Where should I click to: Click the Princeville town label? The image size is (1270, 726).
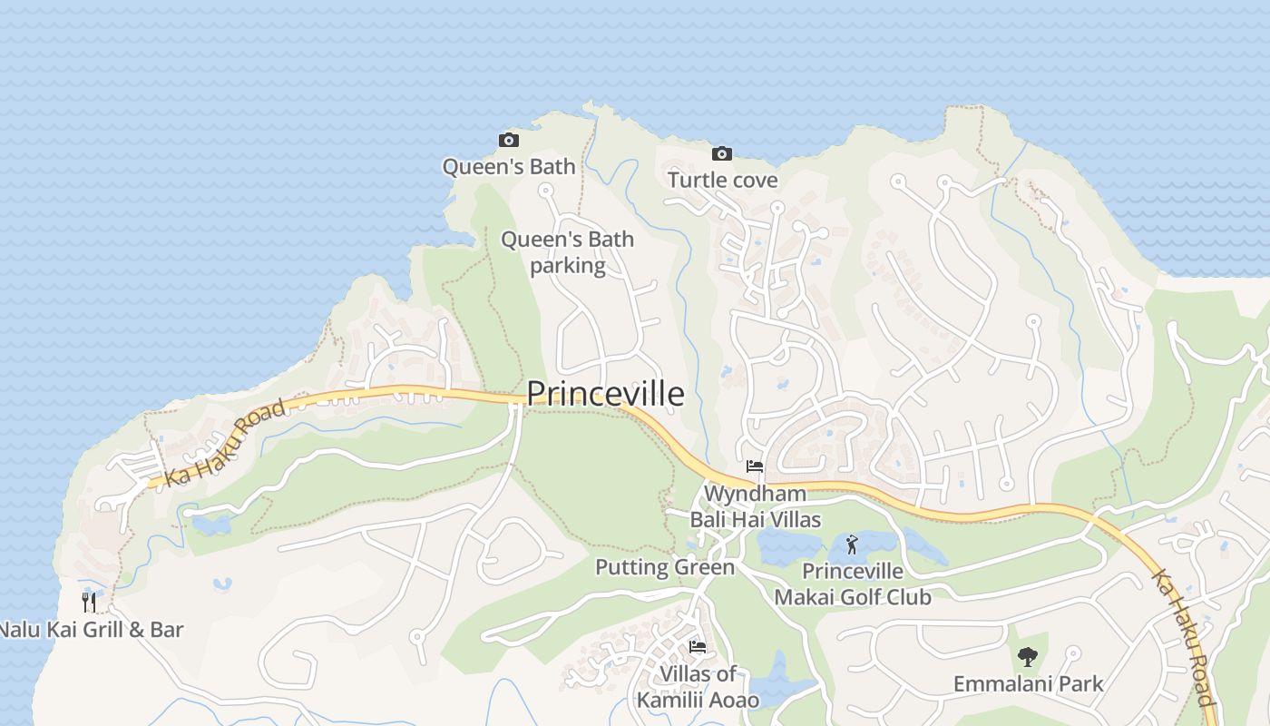tap(605, 393)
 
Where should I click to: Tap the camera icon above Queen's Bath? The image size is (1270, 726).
tap(509, 140)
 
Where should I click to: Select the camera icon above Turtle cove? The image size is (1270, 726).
tap(722, 153)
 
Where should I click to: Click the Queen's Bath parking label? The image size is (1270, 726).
tap(567, 252)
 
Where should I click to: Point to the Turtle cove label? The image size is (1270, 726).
tap(722, 180)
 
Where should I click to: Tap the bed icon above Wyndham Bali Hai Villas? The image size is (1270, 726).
tap(754, 466)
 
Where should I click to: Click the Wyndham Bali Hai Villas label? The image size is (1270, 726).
tap(755, 506)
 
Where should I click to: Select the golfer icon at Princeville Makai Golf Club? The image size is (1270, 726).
tap(851, 544)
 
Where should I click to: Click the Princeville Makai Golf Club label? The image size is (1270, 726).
tap(852, 584)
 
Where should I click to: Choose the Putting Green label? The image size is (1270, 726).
tap(664, 567)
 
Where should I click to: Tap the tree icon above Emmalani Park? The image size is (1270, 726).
tap(1027, 656)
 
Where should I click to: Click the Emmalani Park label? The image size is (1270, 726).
tap(1028, 683)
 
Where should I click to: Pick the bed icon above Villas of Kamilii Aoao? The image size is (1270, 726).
tap(697, 647)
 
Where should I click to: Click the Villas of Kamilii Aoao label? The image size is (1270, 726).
tap(698, 687)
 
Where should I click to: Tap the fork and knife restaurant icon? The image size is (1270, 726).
tap(89, 602)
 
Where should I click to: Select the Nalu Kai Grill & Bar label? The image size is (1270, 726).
tap(91, 629)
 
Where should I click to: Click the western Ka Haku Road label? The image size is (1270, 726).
tap(226, 443)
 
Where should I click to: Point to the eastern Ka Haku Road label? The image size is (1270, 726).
tap(1182, 636)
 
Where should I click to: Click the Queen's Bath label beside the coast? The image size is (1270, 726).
tap(508, 166)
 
